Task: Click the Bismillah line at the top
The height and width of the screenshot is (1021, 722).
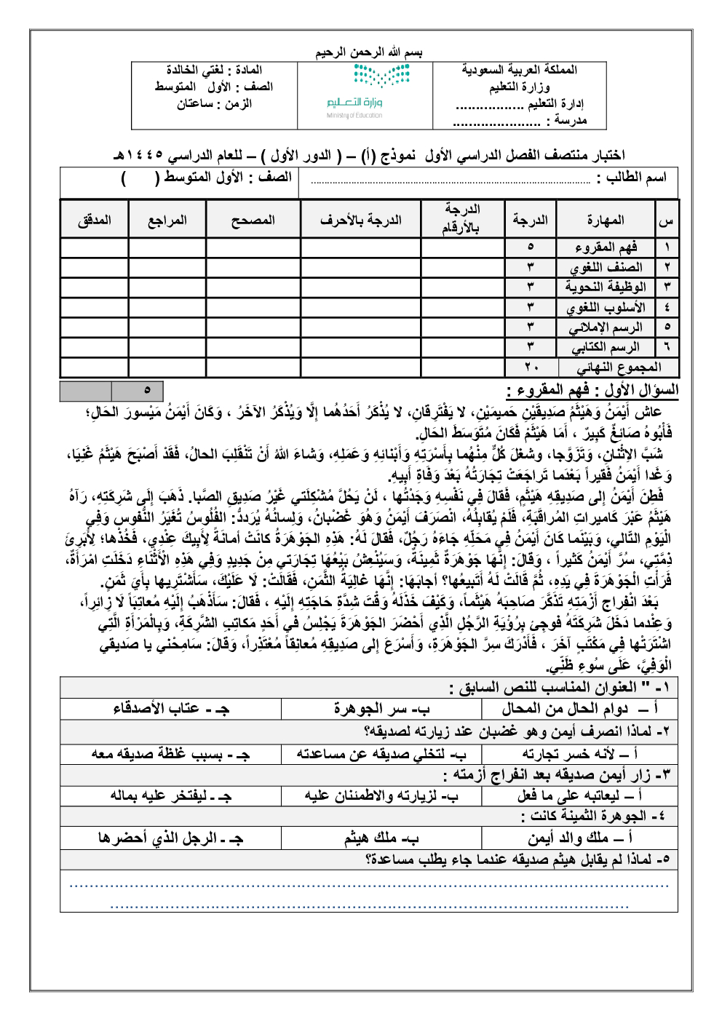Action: tap(368, 52)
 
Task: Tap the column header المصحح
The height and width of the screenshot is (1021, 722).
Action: tap(253, 220)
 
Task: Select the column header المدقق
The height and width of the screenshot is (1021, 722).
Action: tap(94, 220)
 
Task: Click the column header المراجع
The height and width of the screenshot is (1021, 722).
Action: tap(167, 220)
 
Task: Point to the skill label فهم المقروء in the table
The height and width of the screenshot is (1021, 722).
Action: tap(606, 247)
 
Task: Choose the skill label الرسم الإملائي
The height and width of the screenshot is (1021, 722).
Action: tap(606, 327)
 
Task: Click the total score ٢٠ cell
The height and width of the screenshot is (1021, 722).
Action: tap(531, 368)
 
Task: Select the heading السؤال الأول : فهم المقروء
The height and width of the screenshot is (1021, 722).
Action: tap(592, 390)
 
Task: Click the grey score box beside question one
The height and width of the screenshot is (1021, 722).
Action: tap(86, 391)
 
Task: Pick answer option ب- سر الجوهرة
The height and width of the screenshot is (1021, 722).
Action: tap(381, 708)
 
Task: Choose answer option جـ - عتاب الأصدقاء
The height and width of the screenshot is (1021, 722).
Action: tap(171, 708)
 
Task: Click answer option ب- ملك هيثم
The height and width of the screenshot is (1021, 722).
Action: tap(381, 838)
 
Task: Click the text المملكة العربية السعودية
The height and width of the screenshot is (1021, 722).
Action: tap(519, 70)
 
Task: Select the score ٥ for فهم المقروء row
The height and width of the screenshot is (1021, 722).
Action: tap(531, 247)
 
